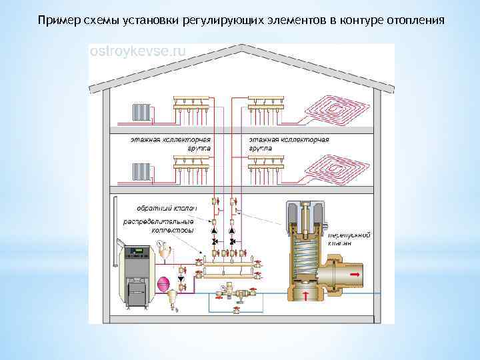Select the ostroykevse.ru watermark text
(x=138, y=51)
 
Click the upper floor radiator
(x=141, y=111)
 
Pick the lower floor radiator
(x=141, y=170)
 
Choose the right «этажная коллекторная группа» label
(x=289, y=144)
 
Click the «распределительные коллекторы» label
(x=158, y=225)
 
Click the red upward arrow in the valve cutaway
(x=306, y=295)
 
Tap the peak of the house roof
(x=241, y=46)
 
